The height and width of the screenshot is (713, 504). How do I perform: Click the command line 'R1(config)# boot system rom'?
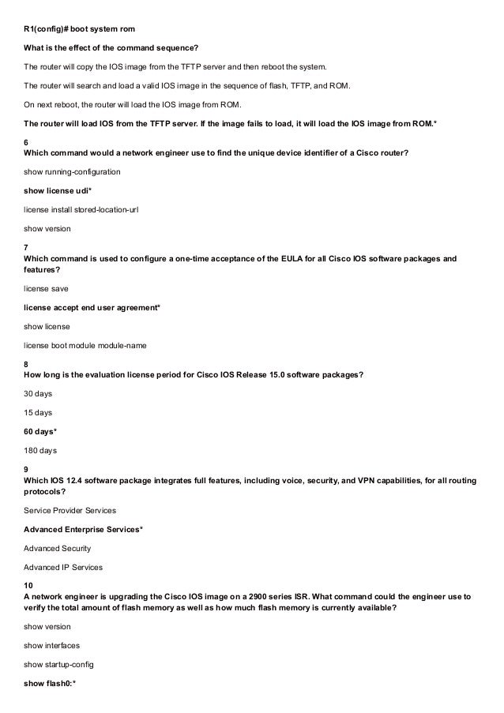[80, 29]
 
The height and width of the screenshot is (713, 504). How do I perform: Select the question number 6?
[28, 141]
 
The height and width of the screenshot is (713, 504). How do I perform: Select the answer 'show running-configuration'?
[73, 171]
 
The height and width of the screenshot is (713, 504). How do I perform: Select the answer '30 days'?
[39, 392]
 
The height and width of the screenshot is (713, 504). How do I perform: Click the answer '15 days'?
[39, 412]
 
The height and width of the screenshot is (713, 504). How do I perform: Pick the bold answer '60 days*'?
[41, 431]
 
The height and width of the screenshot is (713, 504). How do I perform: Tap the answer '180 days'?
[41, 451]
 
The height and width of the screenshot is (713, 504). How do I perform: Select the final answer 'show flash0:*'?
[50, 682]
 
